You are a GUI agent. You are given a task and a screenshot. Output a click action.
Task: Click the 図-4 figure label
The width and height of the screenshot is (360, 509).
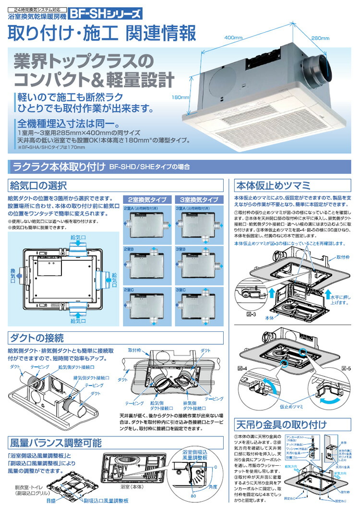tap(242, 368)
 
